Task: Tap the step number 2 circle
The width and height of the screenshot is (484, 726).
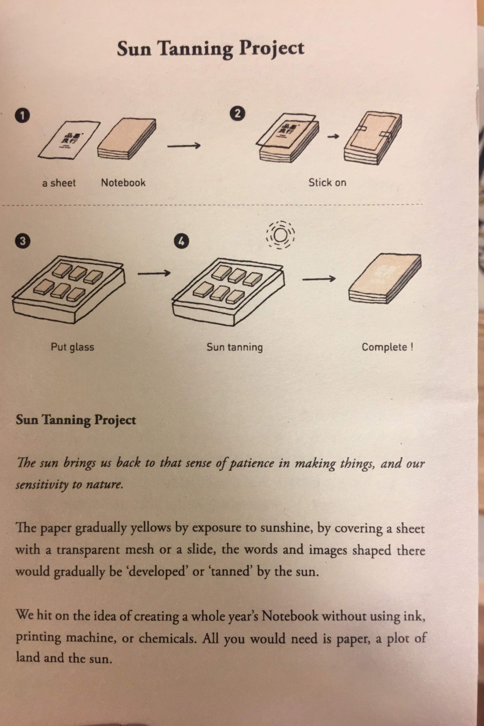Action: (x=238, y=113)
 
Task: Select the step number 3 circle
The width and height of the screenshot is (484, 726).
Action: (x=22, y=241)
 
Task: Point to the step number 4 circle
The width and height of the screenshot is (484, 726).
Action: (x=182, y=241)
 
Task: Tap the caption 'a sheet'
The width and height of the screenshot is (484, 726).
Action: (x=59, y=183)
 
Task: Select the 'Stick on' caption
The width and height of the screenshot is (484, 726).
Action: (x=327, y=182)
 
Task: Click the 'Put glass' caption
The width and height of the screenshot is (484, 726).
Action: (x=72, y=347)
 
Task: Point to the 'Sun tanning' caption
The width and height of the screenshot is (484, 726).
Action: (x=235, y=347)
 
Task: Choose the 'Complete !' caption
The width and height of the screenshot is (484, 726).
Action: (x=387, y=347)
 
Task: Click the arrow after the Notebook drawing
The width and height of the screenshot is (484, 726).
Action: (x=184, y=146)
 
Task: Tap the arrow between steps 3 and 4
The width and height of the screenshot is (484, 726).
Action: (x=154, y=273)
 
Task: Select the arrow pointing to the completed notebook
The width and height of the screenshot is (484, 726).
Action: (x=319, y=278)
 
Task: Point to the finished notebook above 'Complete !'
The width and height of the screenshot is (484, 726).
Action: (x=385, y=279)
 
